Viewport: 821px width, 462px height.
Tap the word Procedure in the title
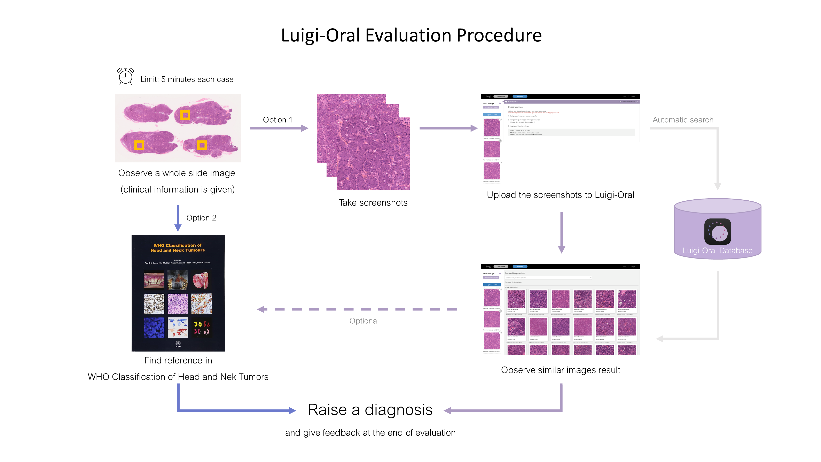[499, 35]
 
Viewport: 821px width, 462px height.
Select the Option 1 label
[277, 120]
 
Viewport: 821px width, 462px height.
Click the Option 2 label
[201, 218]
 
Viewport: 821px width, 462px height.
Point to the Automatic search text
[683, 120]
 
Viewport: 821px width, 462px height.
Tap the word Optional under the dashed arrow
[364, 321]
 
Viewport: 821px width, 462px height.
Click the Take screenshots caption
[373, 203]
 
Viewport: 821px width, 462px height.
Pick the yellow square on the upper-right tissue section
[185, 115]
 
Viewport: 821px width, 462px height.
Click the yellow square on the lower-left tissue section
[139, 145]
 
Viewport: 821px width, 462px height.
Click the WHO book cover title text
[178, 248]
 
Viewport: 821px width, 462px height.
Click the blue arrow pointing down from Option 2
[178, 218]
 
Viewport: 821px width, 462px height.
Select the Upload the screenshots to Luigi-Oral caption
[560, 195]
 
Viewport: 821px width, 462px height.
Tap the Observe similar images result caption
[560, 370]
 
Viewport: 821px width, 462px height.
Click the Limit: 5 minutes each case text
[187, 79]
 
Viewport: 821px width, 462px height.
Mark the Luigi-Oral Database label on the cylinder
[717, 251]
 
